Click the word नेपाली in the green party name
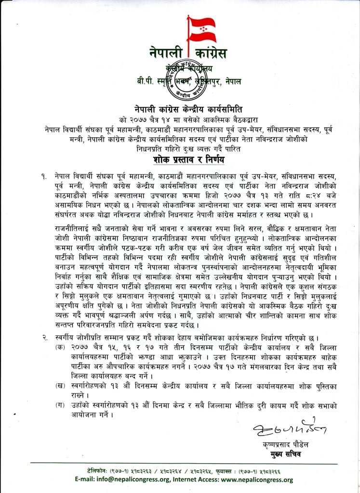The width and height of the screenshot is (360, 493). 163,53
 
